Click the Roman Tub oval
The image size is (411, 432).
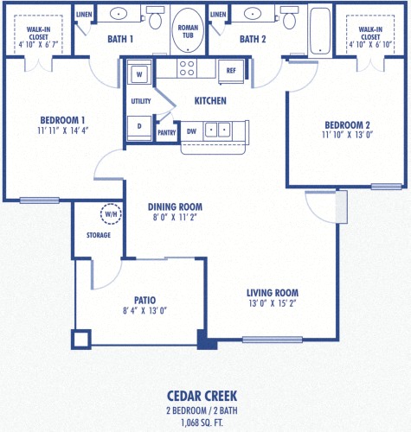coord(187,28)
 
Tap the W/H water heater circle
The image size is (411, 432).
coord(111,213)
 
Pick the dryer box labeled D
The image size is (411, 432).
coord(139,125)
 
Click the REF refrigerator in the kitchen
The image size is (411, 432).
coord(230,72)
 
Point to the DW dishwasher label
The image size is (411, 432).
coord(192,131)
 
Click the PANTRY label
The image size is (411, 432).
coord(165,132)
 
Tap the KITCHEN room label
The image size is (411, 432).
coord(210,101)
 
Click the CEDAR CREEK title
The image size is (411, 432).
coord(205,396)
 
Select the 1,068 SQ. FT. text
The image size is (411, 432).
coord(205,422)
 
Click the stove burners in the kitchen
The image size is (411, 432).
coord(188,68)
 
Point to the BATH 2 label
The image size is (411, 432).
coord(253,39)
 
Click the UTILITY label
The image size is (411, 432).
coord(140,101)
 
